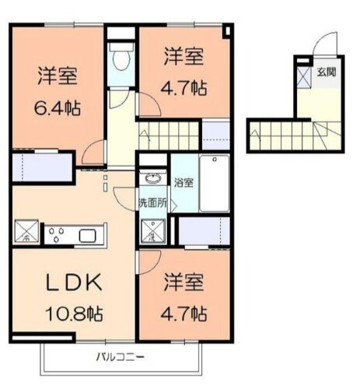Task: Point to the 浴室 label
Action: (184, 184)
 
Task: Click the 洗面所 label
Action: (152, 203)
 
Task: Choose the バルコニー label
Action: (120, 358)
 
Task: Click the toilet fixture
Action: (121, 59)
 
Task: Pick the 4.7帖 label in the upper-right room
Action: (185, 89)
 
